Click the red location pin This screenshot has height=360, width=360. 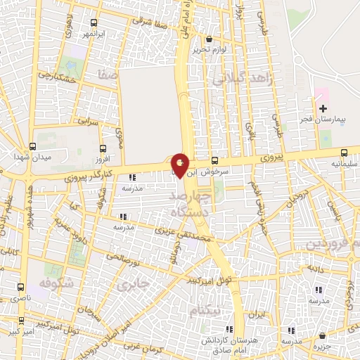pyautogui.click(x=180, y=165)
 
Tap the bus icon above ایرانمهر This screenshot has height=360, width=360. pyautogui.click(x=94, y=22)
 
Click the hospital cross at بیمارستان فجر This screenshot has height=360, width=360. pyautogui.click(x=323, y=108)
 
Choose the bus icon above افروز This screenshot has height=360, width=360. pyautogui.click(x=103, y=148)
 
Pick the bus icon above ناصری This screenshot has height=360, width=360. pyautogui.click(x=20, y=288)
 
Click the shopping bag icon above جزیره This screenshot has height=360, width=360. pyautogui.click(x=323, y=335)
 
